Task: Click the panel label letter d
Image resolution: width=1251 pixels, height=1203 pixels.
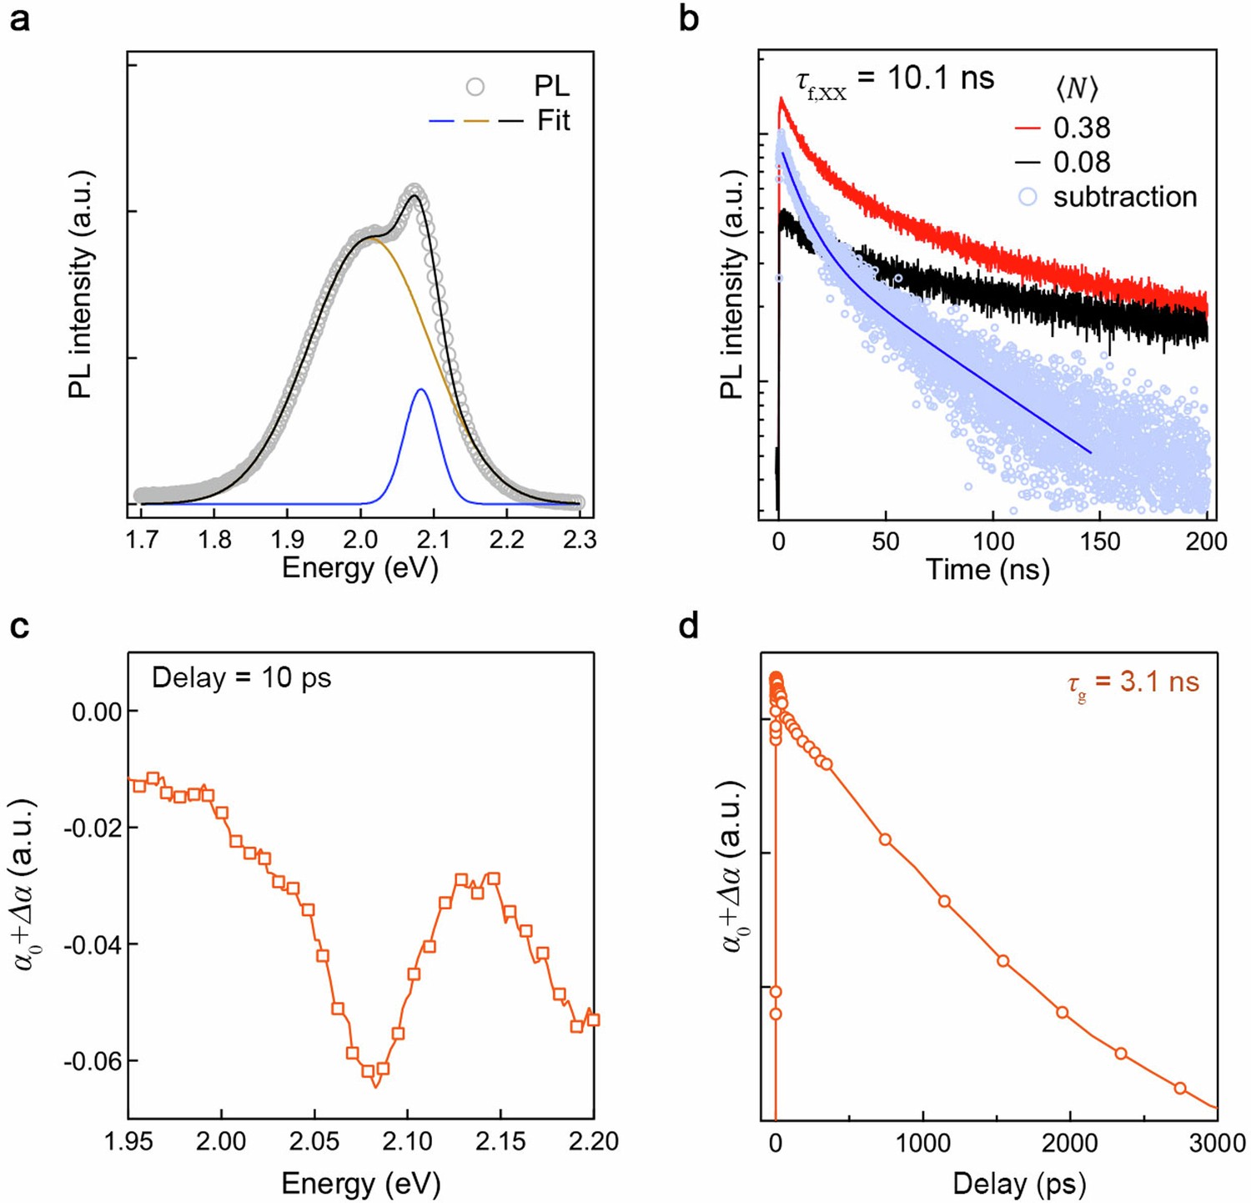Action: [689, 626]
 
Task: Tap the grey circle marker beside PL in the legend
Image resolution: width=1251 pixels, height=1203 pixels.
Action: [475, 87]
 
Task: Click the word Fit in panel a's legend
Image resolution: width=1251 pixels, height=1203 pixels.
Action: [554, 121]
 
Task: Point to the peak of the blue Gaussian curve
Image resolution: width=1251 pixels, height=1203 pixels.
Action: [421, 390]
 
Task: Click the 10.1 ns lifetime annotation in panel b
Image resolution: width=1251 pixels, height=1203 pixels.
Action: [892, 80]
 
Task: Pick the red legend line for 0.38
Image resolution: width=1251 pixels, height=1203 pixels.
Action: [1027, 128]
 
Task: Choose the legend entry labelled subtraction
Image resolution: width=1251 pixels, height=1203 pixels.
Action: [1124, 197]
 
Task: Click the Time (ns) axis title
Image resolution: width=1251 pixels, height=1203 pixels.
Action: [987, 570]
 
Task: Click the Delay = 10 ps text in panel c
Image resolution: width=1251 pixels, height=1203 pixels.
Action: [241, 677]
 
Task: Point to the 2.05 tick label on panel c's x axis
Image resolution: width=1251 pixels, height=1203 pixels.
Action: [314, 1141]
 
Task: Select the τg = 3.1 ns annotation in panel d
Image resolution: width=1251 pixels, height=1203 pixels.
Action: [1133, 682]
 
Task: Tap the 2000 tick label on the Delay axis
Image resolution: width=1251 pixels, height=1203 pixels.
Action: [1069, 1143]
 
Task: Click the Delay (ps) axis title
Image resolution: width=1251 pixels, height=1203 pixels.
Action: [1019, 1183]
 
